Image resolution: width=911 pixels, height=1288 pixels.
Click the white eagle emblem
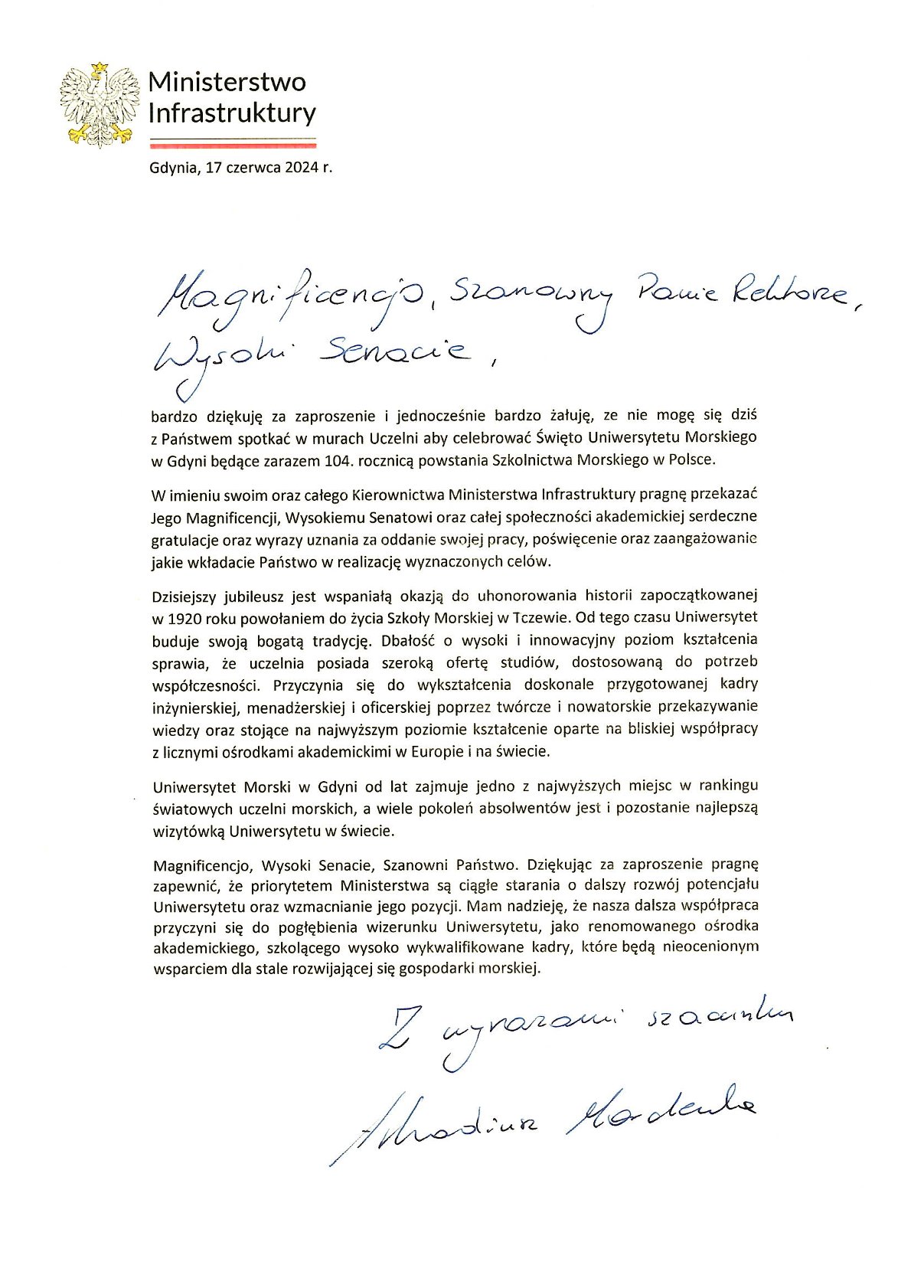(100, 105)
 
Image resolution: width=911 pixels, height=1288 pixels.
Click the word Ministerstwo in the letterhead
(227, 82)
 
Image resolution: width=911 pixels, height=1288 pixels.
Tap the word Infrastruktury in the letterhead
(231, 113)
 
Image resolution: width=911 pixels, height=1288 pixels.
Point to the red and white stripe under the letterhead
(233, 142)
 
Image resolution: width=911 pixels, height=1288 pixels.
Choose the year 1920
(183, 617)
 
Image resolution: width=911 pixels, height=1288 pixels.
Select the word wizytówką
(186, 830)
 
